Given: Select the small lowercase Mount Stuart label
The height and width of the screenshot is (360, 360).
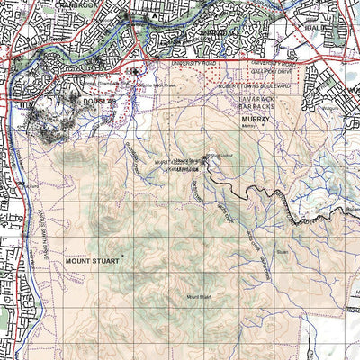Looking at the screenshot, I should tap(198, 296).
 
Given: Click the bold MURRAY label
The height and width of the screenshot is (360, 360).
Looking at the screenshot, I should tap(255, 118).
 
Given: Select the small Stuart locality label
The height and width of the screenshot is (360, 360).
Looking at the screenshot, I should tap(282, 254).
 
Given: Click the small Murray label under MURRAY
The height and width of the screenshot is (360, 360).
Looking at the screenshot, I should tap(248, 127).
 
